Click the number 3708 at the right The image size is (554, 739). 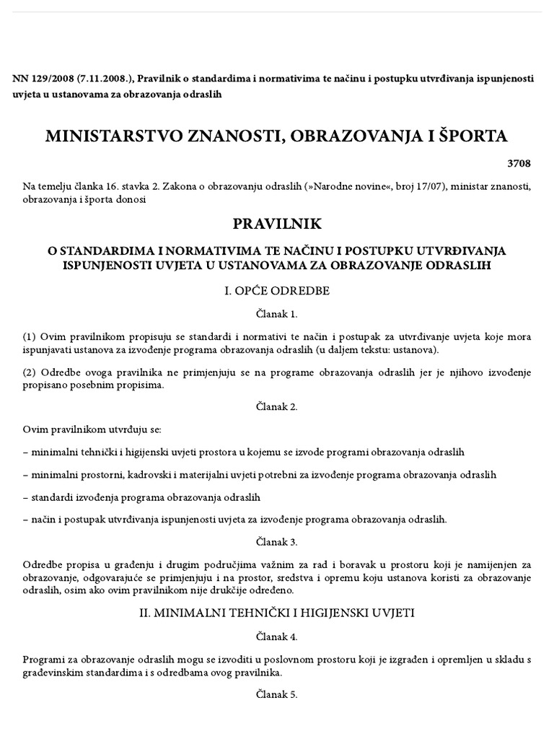[519, 164]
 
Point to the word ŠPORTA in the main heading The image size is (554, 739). [470, 136]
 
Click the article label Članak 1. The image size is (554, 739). [277, 314]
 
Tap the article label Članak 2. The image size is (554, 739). [277, 406]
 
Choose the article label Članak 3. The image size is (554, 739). [277, 541]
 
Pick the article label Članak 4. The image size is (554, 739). [277, 637]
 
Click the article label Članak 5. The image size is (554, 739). [277, 695]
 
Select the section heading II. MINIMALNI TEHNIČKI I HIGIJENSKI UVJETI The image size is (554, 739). [277, 613]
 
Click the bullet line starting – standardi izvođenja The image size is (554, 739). [141, 497]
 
